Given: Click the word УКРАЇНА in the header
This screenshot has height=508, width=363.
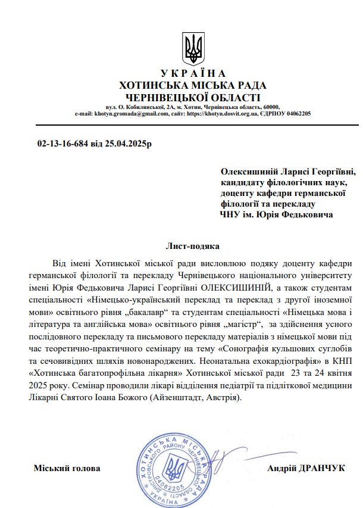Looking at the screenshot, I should point(192,74).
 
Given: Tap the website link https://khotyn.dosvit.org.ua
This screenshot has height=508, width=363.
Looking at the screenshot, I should point(221,113).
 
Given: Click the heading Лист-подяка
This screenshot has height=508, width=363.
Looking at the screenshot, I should point(192,246).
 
